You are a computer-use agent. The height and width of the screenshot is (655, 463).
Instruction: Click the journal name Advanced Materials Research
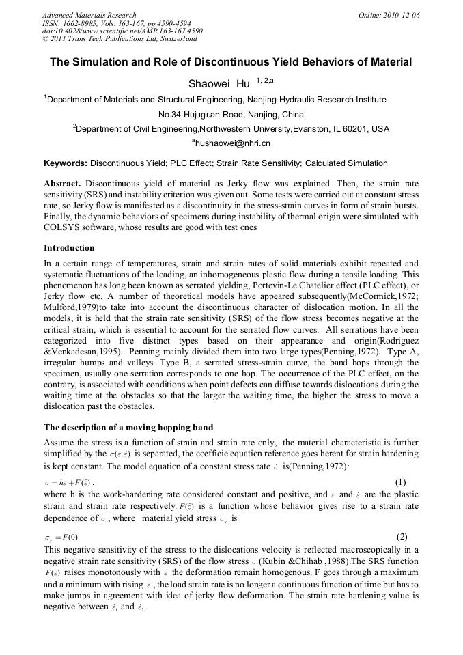[89, 15]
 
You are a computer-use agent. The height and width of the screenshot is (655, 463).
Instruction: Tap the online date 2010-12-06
[399, 15]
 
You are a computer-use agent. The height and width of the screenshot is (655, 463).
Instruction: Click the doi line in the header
[122, 31]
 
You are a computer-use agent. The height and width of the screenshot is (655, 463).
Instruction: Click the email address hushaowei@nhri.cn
[231, 143]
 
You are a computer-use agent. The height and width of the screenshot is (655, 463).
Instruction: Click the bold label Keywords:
[66, 163]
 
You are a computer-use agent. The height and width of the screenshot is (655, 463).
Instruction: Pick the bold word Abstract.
[63, 184]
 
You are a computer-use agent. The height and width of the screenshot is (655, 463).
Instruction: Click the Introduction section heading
[69, 247]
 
